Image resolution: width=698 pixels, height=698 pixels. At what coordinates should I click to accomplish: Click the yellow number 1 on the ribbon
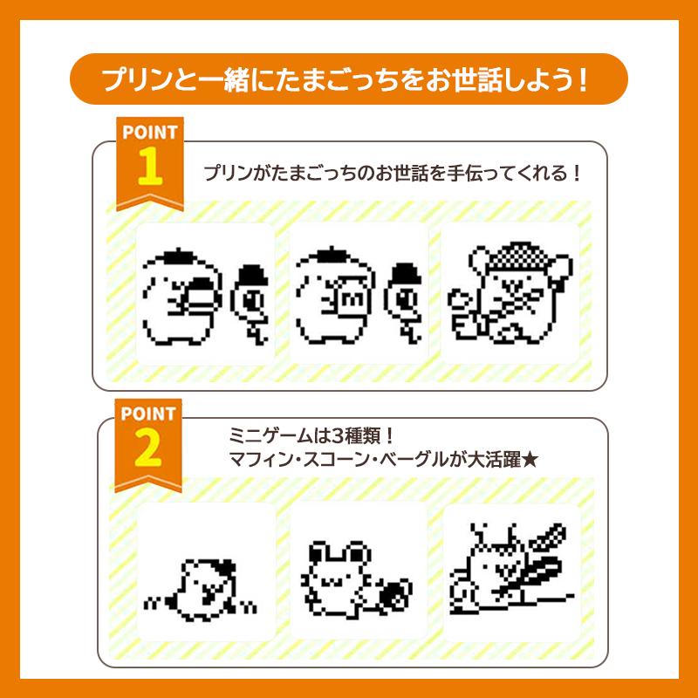(x=150, y=167)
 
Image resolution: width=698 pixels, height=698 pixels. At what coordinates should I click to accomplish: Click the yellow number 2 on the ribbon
(x=148, y=448)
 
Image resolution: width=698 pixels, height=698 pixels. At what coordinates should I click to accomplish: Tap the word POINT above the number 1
(x=150, y=133)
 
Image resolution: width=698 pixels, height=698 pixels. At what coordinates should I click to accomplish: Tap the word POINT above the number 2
(x=148, y=414)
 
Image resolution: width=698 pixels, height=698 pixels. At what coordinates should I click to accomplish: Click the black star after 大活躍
(x=530, y=460)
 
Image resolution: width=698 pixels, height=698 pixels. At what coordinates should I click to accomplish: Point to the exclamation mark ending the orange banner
(x=583, y=80)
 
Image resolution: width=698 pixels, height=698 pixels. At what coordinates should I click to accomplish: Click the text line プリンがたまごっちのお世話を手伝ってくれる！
(x=392, y=173)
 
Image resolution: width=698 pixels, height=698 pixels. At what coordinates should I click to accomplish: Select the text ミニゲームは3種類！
(x=311, y=435)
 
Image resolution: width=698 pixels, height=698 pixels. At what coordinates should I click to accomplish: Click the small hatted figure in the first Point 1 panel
(x=250, y=303)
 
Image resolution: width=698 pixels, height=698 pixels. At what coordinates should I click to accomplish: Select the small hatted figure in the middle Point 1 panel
(x=403, y=303)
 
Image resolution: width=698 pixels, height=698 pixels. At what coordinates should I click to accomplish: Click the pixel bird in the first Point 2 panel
(x=200, y=590)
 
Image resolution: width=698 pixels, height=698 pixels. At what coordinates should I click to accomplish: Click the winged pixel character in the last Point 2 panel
(x=512, y=569)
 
